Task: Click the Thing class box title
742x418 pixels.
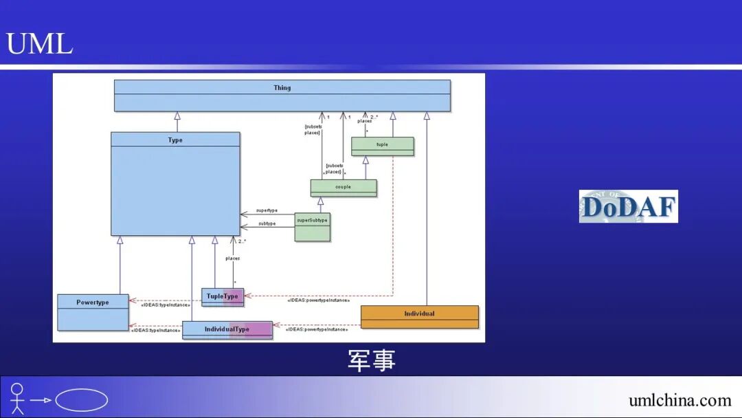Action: [x=282, y=88]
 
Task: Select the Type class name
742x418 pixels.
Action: [x=175, y=140]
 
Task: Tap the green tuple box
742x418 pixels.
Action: [x=382, y=145]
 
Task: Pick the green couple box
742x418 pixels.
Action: [x=343, y=187]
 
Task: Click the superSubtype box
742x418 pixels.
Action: [x=312, y=221]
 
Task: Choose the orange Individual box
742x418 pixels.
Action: [x=419, y=313]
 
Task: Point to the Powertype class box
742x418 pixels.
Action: [x=93, y=302]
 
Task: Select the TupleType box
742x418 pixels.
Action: [x=223, y=296]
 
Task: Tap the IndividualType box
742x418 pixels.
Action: [x=227, y=329]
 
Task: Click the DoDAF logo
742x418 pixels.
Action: [x=628, y=206]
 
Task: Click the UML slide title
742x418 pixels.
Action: [x=39, y=44]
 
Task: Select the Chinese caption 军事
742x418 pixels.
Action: [x=371, y=360]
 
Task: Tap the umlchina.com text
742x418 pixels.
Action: [x=679, y=400]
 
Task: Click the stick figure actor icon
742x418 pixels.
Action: [x=17, y=399]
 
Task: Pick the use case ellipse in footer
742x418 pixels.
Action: [x=81, y=400]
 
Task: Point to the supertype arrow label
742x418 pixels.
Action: [x=266, y=210]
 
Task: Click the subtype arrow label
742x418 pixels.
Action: [x=267, y=223]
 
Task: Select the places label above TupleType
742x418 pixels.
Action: [x=232, y=258]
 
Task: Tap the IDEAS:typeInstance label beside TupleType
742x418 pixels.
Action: [x=165, y=304]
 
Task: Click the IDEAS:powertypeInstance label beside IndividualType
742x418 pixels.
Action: [x=316, y=329]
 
